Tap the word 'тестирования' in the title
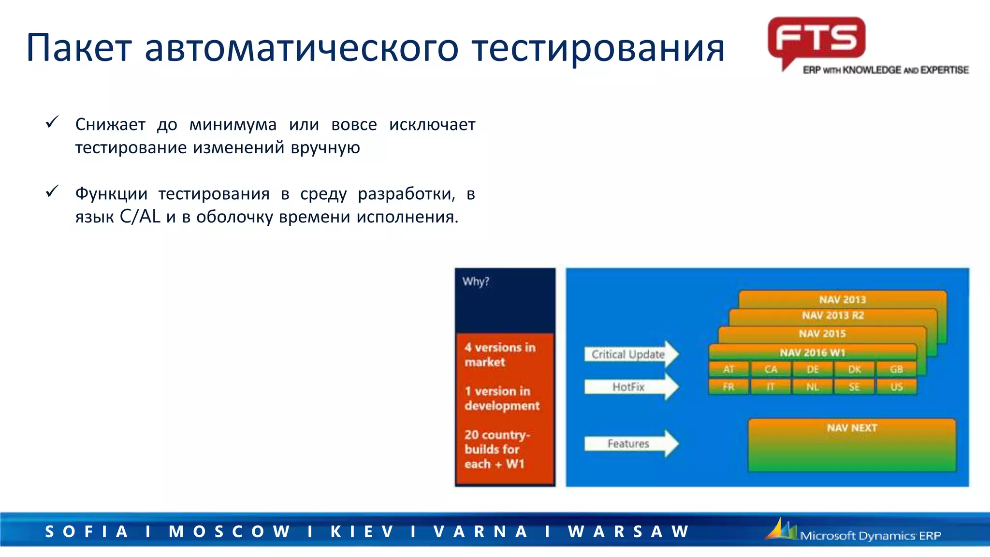pyautogui.click(x=598, y=48)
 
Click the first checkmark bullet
pyautogui.click(x=52, y=122)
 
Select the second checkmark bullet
pyautogui.click(x=52, y=191)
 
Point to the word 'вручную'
pyautogui.click(x=325, y=147)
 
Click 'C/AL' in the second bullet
pyautogui.click(x=140, y=217)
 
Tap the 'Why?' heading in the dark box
pyautogui.click(x=476, y=281)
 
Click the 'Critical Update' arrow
pyautogui.click(x=631, y=354)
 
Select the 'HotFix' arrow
pyautogui.click(x=631, y=387)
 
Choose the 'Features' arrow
pyautogui.click(x=631, y=443)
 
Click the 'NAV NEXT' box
pyautogui.click(x=852, y=445)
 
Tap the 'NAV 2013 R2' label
pyautogui.click(x=833, y=316)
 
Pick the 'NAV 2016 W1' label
pyautogui.click(x=812, y=352)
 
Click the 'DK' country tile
pyautogui.click(x=854, y=369)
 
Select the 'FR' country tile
pyautogui.click(x=728, y=387)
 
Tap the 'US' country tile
pyautogui.click(x=896, y=387)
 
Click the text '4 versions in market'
pyautogui.click(x=500, y=354)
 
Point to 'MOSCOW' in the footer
pyautogui.click(x=229, y=531)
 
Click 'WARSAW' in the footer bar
pyautogui.click(x=629, y=531)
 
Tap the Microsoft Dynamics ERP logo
pyautogui.click(x=854, y=531)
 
